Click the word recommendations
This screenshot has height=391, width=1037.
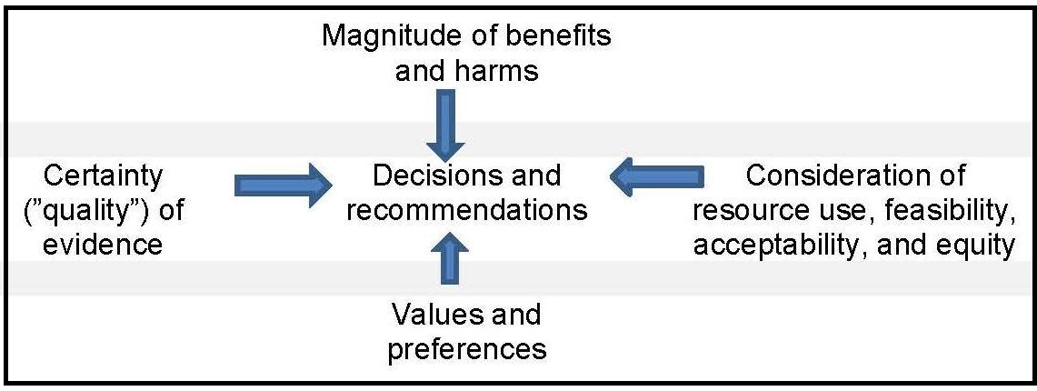(467, 210)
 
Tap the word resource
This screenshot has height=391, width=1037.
(748, 210)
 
